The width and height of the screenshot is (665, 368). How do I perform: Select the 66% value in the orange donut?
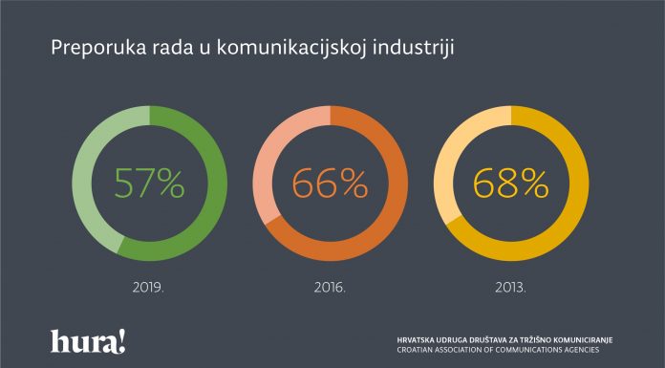point(331,182)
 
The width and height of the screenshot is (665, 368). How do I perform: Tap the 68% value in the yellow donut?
point(510,182)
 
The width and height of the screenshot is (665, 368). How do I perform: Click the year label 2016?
point(331,284)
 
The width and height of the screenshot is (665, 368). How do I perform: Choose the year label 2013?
point(510,284)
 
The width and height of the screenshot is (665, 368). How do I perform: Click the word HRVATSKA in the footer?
point(418,339)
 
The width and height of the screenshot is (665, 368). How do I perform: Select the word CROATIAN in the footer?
point(418,350)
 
